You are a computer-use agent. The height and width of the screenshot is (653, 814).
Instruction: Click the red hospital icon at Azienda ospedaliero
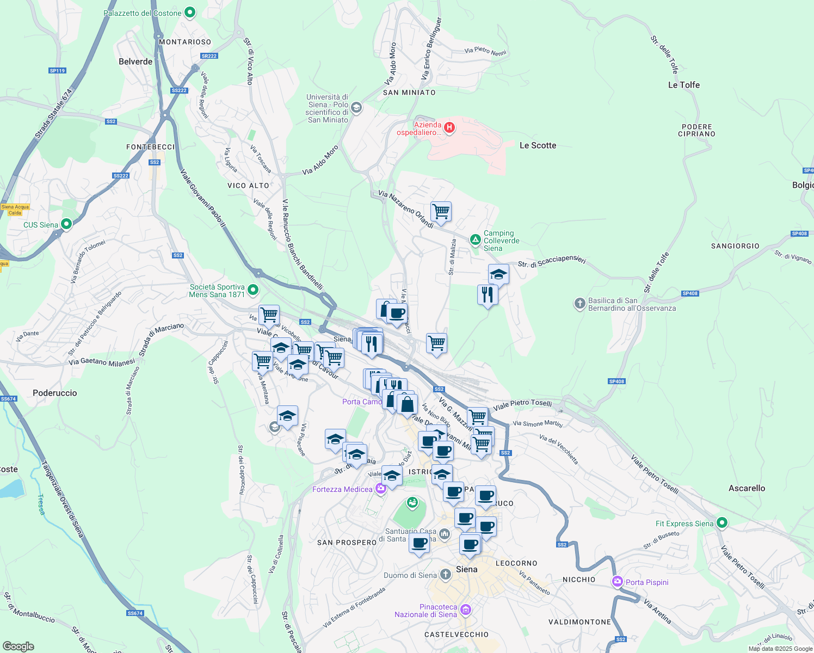click(x=449, y=128)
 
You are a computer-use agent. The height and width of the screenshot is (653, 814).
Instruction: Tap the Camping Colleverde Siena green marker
click(x=475, y=239)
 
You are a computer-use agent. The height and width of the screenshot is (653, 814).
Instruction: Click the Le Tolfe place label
click(x=683, y=85)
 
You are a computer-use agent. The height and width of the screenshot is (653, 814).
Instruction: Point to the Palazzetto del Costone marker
click(x=190, y=12)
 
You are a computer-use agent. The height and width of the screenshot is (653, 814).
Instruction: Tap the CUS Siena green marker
click(x=66, y=224)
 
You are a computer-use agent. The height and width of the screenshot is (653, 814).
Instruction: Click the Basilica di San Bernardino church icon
click(x=580, y=303)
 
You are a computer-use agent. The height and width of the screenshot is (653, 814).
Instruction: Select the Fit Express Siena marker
click(x=721, y=523)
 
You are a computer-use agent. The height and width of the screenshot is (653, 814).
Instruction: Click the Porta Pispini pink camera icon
click(x=617, y=582)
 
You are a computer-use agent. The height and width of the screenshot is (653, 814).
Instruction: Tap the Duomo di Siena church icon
click(x=446, y=574)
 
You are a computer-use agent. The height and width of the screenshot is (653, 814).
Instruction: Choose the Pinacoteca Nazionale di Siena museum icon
click(x=465, y=609)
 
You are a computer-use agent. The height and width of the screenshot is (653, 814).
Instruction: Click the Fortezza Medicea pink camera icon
click(x=380, y=488)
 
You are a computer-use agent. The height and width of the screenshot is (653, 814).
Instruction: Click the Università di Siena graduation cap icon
click(x=356, y=107)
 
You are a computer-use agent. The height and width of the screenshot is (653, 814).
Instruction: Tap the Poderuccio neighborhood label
click(x=55, y=393)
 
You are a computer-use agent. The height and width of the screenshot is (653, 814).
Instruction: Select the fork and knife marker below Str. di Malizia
click(x=487, y=295)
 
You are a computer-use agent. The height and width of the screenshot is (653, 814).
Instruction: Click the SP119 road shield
click(x=57, y=71)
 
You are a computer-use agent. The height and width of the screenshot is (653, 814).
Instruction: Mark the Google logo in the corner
click(x=18, y=646)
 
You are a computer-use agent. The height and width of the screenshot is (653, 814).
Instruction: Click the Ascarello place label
click(x=747, y=488)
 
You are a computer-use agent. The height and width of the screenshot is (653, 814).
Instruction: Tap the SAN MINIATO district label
click(x=409, y=93)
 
